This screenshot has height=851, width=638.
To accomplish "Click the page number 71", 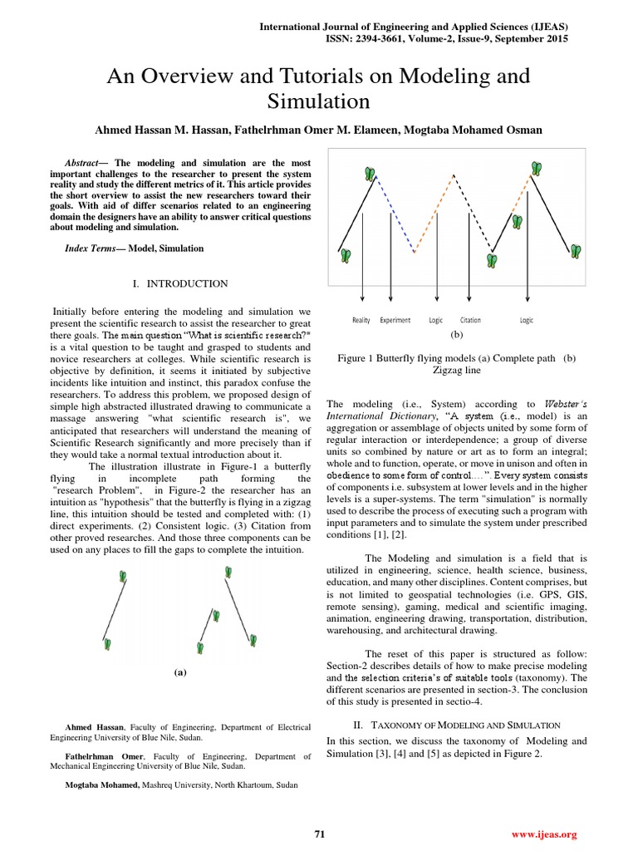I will (319, 834).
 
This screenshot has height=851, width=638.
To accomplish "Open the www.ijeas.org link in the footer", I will (545, 834).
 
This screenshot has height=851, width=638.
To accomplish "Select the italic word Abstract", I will (83, 162).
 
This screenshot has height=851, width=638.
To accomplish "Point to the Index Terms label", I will (91, 248).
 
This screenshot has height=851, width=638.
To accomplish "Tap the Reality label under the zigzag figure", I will (361, 320).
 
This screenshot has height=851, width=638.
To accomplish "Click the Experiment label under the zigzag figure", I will (395, 320).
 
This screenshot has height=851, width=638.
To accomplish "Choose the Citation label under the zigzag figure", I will (470, 320).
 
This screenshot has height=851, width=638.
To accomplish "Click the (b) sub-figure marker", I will (455, 334).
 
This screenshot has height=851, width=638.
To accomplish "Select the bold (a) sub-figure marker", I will (179, 671).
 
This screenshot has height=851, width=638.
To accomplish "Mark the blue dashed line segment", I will (396, 214).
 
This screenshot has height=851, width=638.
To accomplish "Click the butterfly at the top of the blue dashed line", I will (370, 173).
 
